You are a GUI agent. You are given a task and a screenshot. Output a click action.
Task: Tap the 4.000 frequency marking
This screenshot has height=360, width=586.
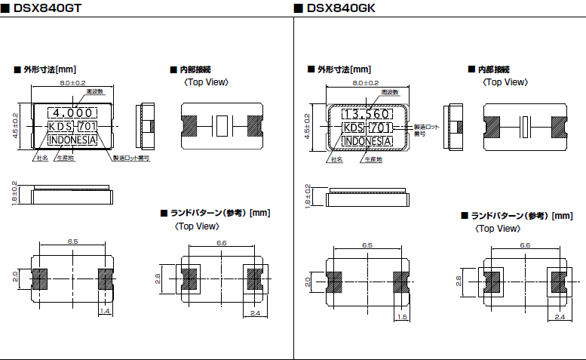[x=75, y=113]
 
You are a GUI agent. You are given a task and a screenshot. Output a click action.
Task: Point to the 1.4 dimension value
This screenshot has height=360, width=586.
[x=105, y=310]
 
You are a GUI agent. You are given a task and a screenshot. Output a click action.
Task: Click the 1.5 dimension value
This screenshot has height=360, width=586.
[x=403, y=317]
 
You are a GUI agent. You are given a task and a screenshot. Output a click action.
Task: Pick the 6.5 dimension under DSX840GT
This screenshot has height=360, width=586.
[x=73, y=242]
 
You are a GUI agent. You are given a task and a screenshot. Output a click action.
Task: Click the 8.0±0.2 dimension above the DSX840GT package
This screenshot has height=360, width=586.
[x=73, y=82]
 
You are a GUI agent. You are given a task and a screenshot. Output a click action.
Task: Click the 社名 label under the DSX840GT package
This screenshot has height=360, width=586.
[x=42, y=158]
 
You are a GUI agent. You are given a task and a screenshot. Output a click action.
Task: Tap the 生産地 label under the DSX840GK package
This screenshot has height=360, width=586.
[x=373, y=160]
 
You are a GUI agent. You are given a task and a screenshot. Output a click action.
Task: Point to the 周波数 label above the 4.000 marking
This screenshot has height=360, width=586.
[x=94, y=92]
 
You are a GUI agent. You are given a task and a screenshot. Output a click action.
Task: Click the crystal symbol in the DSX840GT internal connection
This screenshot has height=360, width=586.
[x=220, y=125]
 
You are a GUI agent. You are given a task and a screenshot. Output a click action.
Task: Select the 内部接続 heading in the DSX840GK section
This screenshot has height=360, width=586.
[x=493, y=69]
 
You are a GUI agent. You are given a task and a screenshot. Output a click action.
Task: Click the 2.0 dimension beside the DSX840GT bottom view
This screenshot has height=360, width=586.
[x=14, y=277]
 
